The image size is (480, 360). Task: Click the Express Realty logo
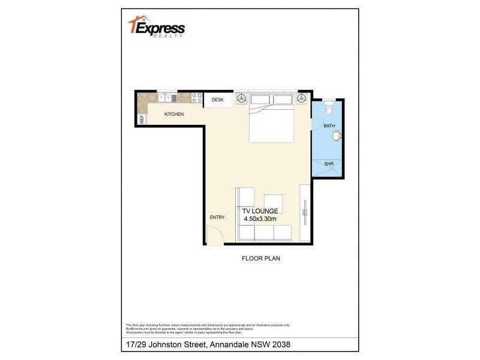[x=157, y=26]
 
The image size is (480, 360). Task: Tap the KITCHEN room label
[x=174, y=114]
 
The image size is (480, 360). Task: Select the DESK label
[x=217, y=100]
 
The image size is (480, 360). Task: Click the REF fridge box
[x=142, y=119]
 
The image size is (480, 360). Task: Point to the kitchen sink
[x=167, y=98]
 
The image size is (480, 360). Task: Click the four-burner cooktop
[x=196, y=98]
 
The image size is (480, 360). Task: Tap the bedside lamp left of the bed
[x=241, y=98]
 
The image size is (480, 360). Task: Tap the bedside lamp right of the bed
[x=301, y=98]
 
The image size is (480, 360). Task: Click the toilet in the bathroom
[x=328, y=109]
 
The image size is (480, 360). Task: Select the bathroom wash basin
[x=338, y=136]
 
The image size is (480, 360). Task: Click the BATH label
[x=329, y=126]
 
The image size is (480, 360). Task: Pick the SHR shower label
[x=329, y=163]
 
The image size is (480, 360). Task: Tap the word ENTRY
[x=217, y=217]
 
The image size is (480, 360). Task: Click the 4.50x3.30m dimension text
[x=260, y=220]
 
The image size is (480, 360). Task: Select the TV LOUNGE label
[x=260, y=211]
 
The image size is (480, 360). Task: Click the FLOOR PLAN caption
[x=261, y=259]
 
